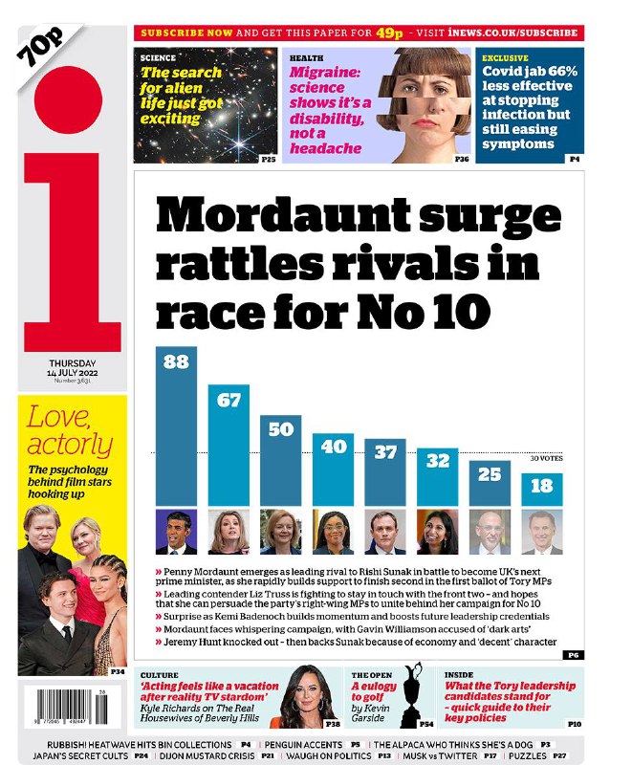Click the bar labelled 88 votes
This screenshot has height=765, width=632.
pos(176,426)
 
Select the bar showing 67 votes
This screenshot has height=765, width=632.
pos(229,445)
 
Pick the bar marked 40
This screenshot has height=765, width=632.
pos(333,469)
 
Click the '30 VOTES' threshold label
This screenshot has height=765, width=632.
pos(547,459)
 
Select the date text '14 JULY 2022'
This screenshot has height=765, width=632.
pos(73,373)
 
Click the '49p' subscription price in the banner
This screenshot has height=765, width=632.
pos(386,33)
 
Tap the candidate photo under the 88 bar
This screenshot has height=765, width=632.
pos(176,532)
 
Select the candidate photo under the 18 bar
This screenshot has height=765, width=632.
pos(541,532)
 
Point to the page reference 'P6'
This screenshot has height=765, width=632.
pos(573,655)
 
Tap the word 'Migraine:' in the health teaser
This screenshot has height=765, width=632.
pos(326,73)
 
